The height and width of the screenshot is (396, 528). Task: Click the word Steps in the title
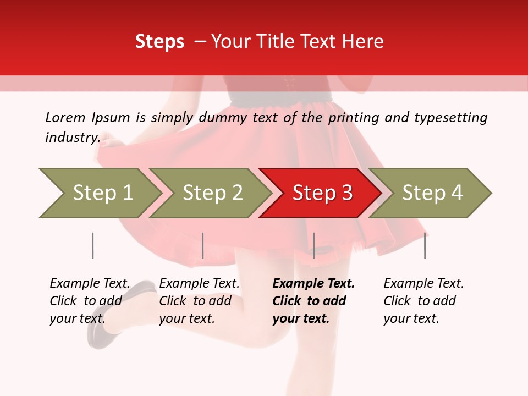click(x=159, y=42)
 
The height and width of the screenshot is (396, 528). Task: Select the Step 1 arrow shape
click(x=99, y=193)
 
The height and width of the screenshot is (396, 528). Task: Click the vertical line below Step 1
click(x=93, y=245)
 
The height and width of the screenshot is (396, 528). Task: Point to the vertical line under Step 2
click(x=203, y=245)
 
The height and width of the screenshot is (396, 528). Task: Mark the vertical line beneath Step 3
click(x=313, y=245)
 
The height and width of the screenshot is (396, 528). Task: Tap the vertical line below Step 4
click(x=425, y=245)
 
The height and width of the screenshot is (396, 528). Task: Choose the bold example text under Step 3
click(x=312, y=301)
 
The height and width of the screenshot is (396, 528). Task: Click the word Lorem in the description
click(x=65, y=117)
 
